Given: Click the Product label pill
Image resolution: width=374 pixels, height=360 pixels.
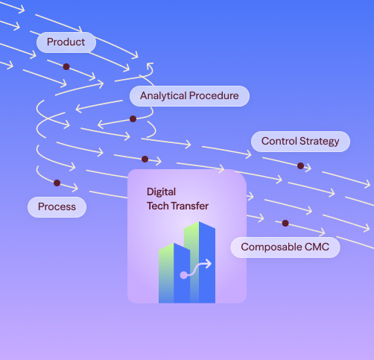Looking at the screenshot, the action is pos(66,42).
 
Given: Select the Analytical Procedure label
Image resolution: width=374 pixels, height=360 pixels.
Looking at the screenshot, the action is pos(189,96).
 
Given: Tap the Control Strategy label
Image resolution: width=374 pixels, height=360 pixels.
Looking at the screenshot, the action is pos(300,142).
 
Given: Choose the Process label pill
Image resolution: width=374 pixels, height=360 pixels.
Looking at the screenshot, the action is pos(57,207).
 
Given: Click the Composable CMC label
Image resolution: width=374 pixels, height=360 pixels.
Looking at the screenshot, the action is pos(285,247).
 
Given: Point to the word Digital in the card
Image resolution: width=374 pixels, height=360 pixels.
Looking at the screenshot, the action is pos(161,192).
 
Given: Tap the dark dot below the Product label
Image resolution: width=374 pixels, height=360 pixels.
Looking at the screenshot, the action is pos(66,66).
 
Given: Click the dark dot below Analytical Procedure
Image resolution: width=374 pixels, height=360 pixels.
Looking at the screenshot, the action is pos(133,119).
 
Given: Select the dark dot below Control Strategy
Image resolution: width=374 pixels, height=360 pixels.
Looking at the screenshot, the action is pos(300,165).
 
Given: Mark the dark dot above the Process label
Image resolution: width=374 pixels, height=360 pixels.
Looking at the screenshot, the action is pos(57,183).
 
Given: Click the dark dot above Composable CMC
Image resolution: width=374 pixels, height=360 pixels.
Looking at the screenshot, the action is pos(285,223).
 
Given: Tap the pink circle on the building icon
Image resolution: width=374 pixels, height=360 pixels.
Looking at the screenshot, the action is pos(183,275).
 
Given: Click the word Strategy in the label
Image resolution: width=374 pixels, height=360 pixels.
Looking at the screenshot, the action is pos(320,142).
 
